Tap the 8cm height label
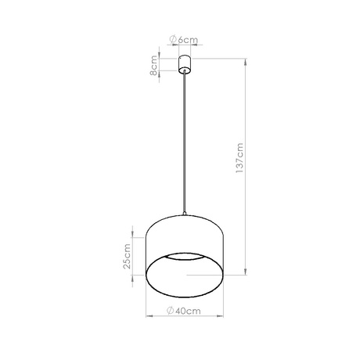(156, 63)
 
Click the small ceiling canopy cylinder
(185, 63)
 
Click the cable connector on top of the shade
(185, 214)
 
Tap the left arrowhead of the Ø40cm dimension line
(149, 318)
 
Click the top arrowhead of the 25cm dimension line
(134, 227)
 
